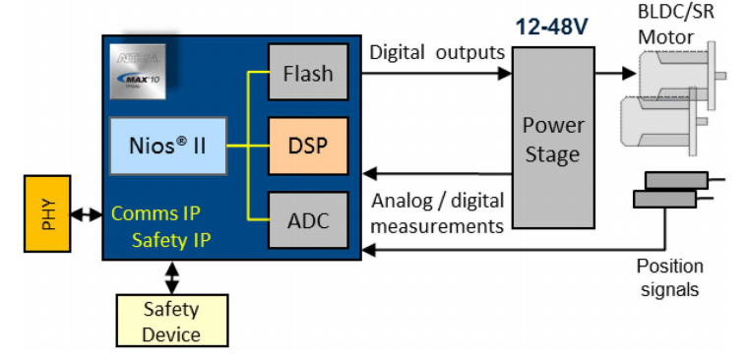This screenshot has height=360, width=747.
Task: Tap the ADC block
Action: [x=308, y=220]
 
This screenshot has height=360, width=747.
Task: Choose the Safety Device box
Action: [x=171, y=322]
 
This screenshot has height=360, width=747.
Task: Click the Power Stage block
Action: [x=552, y=140]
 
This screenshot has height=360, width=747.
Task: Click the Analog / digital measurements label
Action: [x=436, y=213]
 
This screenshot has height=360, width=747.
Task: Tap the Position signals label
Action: [x=669, y=277]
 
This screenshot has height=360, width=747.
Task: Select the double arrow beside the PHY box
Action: [x=88, y=213]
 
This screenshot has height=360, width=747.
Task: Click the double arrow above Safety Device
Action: [x=172, y=276]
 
